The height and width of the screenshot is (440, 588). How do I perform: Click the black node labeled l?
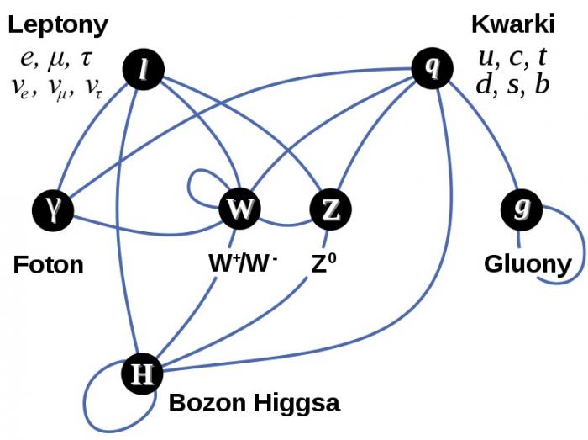click(x=144, y=70)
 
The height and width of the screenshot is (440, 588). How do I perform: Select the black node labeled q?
click(x=433, y=68)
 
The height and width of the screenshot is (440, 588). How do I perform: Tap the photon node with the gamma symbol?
click(x=53, y=210)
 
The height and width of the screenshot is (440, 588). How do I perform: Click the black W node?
click(x=239, y=209)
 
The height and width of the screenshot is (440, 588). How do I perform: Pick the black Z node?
click(x=330, y=209)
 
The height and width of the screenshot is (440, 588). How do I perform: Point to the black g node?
click(x=522, y=209)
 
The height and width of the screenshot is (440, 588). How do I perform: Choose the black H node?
click(x=142, y=374)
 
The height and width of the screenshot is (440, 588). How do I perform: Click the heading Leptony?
click(x=58, y=25)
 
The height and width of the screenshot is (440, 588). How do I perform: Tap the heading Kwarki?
click(x=512, y=24)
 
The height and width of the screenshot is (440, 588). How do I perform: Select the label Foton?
click(x=49, y=265)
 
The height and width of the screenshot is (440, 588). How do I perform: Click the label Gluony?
click(x=528, y=264)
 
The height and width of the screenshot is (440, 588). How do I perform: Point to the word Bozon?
click(x=207, y=402)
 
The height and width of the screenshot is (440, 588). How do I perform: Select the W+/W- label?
click(x=243, y=262)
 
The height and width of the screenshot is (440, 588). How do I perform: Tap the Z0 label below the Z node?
click(x=323, y=262)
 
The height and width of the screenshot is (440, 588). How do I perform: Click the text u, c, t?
click(x=512, y=57)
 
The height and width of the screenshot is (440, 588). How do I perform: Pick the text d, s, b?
click(x=512, y=84)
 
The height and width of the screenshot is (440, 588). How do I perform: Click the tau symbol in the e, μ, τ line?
click(x=86, y=59)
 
